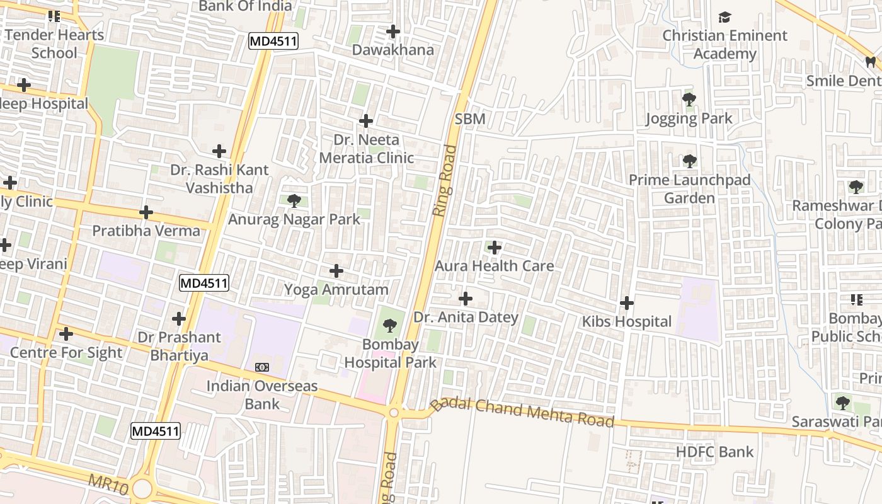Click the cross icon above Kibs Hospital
(x=626, y=303)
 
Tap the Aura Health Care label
(x=495, y=266)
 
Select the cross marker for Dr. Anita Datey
(x=466, y=298)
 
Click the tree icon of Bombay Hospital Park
(x=390, y=326)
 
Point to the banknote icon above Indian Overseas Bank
(x=261, y=367)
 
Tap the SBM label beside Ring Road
(x=470, y=119)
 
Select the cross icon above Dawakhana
(x=393, y=31)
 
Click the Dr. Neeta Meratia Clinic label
(x=367, y=149)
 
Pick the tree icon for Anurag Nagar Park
(x=294, y=201)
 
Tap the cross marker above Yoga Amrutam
(x=336, y=271)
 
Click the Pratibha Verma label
(x=146, y=231)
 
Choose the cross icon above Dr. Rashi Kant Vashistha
(x=219, y=151)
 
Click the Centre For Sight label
(x=66, y=352)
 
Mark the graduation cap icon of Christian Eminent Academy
(x=724, y=17)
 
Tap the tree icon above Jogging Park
(x=689, y=100)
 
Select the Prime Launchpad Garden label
(x=690, y=189)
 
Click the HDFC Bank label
(x=714, y=452)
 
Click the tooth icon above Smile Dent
(x=870, y=62)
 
